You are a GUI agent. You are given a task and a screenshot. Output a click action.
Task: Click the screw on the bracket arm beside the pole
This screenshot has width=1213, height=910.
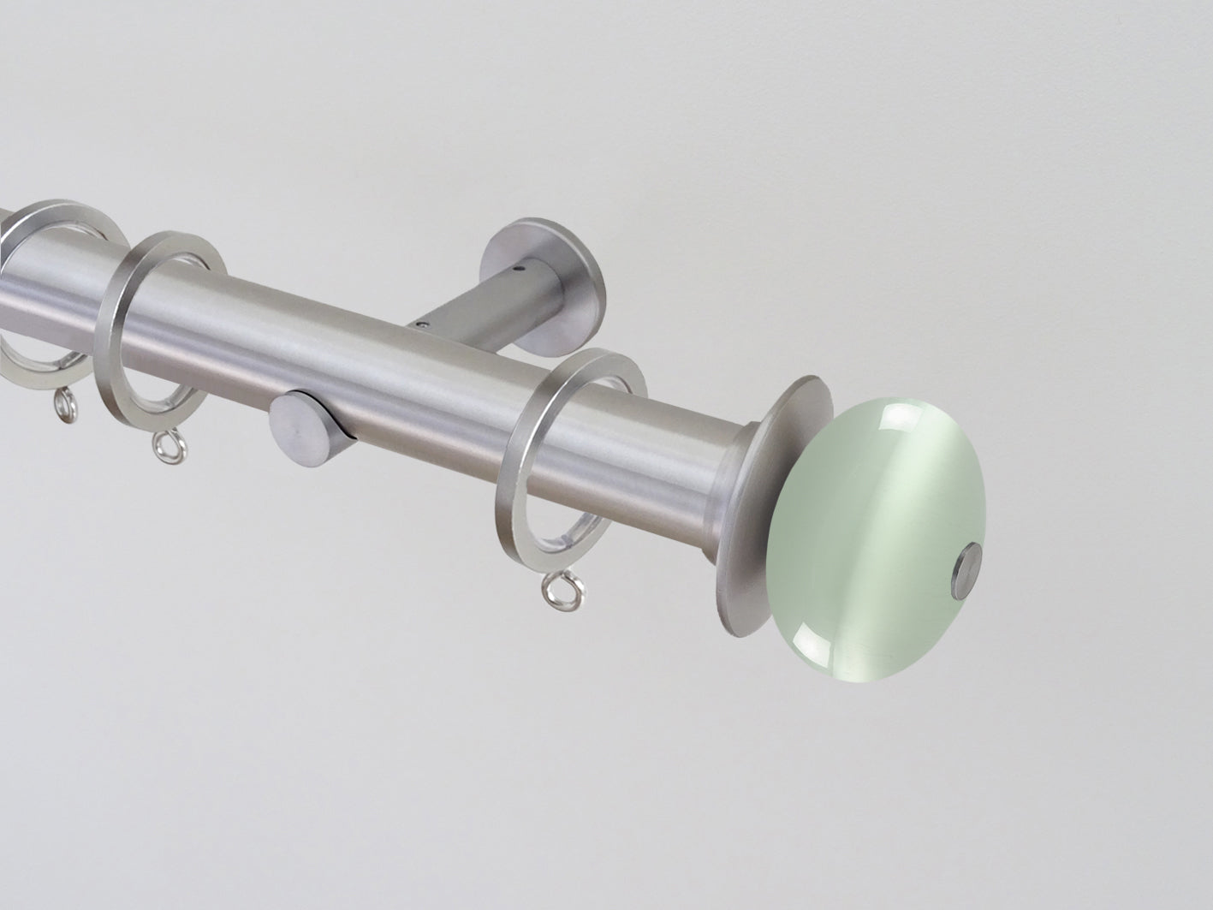421,324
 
